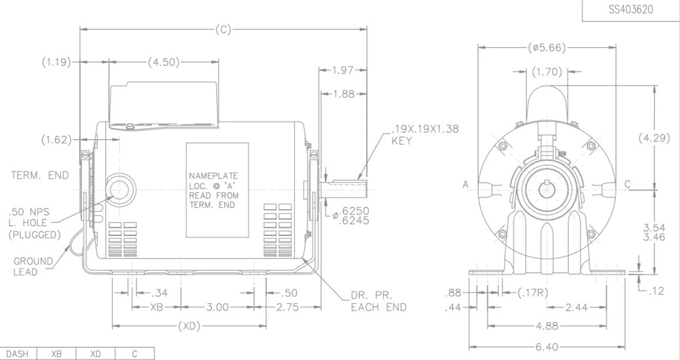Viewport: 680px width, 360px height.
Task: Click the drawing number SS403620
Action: tap(631, 10)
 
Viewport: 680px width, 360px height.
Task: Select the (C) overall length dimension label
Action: tap(223, 30)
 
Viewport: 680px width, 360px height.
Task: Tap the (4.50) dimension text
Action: tap(163, 62)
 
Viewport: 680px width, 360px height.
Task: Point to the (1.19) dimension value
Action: tap(56, 62)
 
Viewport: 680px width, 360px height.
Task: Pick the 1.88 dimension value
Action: tap(344, 94)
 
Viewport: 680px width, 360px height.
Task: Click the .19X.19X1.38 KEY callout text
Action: tap(424, 135)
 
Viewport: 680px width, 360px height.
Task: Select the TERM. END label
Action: tap(40, 175)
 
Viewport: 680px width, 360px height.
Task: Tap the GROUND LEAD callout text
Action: tap(33, 267)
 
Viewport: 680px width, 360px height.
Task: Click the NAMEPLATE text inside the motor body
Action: tap(214, 176)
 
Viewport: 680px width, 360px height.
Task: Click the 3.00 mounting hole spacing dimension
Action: tap(217, 307)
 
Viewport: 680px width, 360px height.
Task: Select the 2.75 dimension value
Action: tap(287, 307)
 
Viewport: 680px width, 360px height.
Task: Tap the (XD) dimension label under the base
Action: tap(189, 327)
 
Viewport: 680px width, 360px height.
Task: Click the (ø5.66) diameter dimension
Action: tap(547, 47)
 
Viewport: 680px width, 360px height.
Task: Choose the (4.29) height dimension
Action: tap(653, 138)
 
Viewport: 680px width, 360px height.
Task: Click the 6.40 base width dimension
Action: tap(547, 347)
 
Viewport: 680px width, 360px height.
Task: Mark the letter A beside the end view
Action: tap(465, 184)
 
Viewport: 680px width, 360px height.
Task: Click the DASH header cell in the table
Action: tap(18, 354)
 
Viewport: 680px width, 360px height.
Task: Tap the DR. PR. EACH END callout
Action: tap(378, 301)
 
